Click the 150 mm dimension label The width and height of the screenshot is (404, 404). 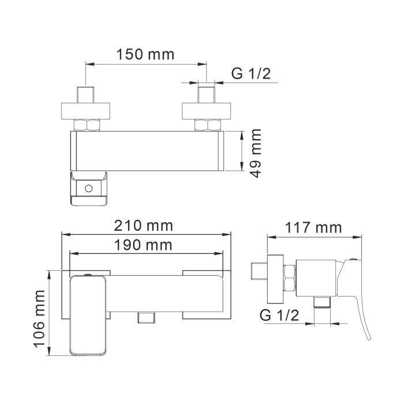click(x=145, y=55)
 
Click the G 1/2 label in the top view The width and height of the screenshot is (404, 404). click(x=250, y=74)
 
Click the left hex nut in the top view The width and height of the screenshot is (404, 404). click(x=88, y=125)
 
